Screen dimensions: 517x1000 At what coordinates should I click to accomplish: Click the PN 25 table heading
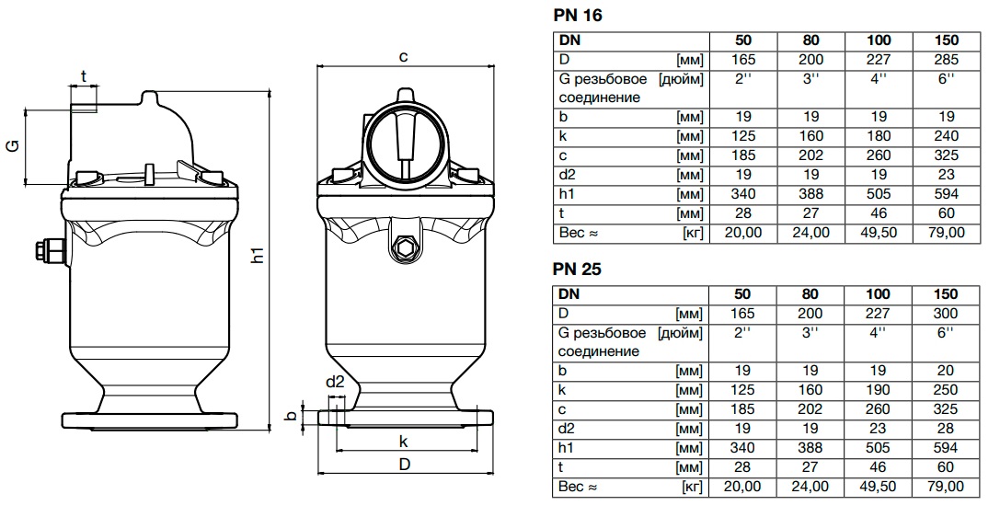pos(578,270)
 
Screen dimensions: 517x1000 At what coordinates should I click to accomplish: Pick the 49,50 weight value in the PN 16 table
pos(879,233)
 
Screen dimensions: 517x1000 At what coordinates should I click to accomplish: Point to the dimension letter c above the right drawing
pos(403,56)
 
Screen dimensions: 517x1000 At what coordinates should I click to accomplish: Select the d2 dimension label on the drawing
pos(335,382)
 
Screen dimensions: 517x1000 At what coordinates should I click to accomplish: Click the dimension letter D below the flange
pos(403,465)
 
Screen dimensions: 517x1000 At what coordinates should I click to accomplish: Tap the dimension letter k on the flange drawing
pos(403,441)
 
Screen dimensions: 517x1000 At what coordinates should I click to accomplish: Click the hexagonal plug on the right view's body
pos(403,246)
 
